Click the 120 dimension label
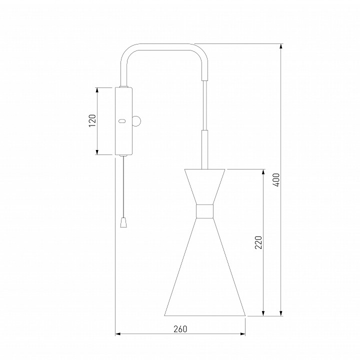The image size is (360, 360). coord(92,120)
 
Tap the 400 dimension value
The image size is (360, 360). coord(277,180)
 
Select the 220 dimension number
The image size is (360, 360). coord(258,242)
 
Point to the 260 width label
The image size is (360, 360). coord(180,329)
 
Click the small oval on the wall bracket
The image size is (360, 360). coord(122,121)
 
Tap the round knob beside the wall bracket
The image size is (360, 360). coord(137,121)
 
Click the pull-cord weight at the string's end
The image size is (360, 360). coord(123,222)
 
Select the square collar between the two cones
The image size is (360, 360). coord(204,211)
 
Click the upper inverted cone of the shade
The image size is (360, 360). coord(204,186)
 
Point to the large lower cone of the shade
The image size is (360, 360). coord(205,266)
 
